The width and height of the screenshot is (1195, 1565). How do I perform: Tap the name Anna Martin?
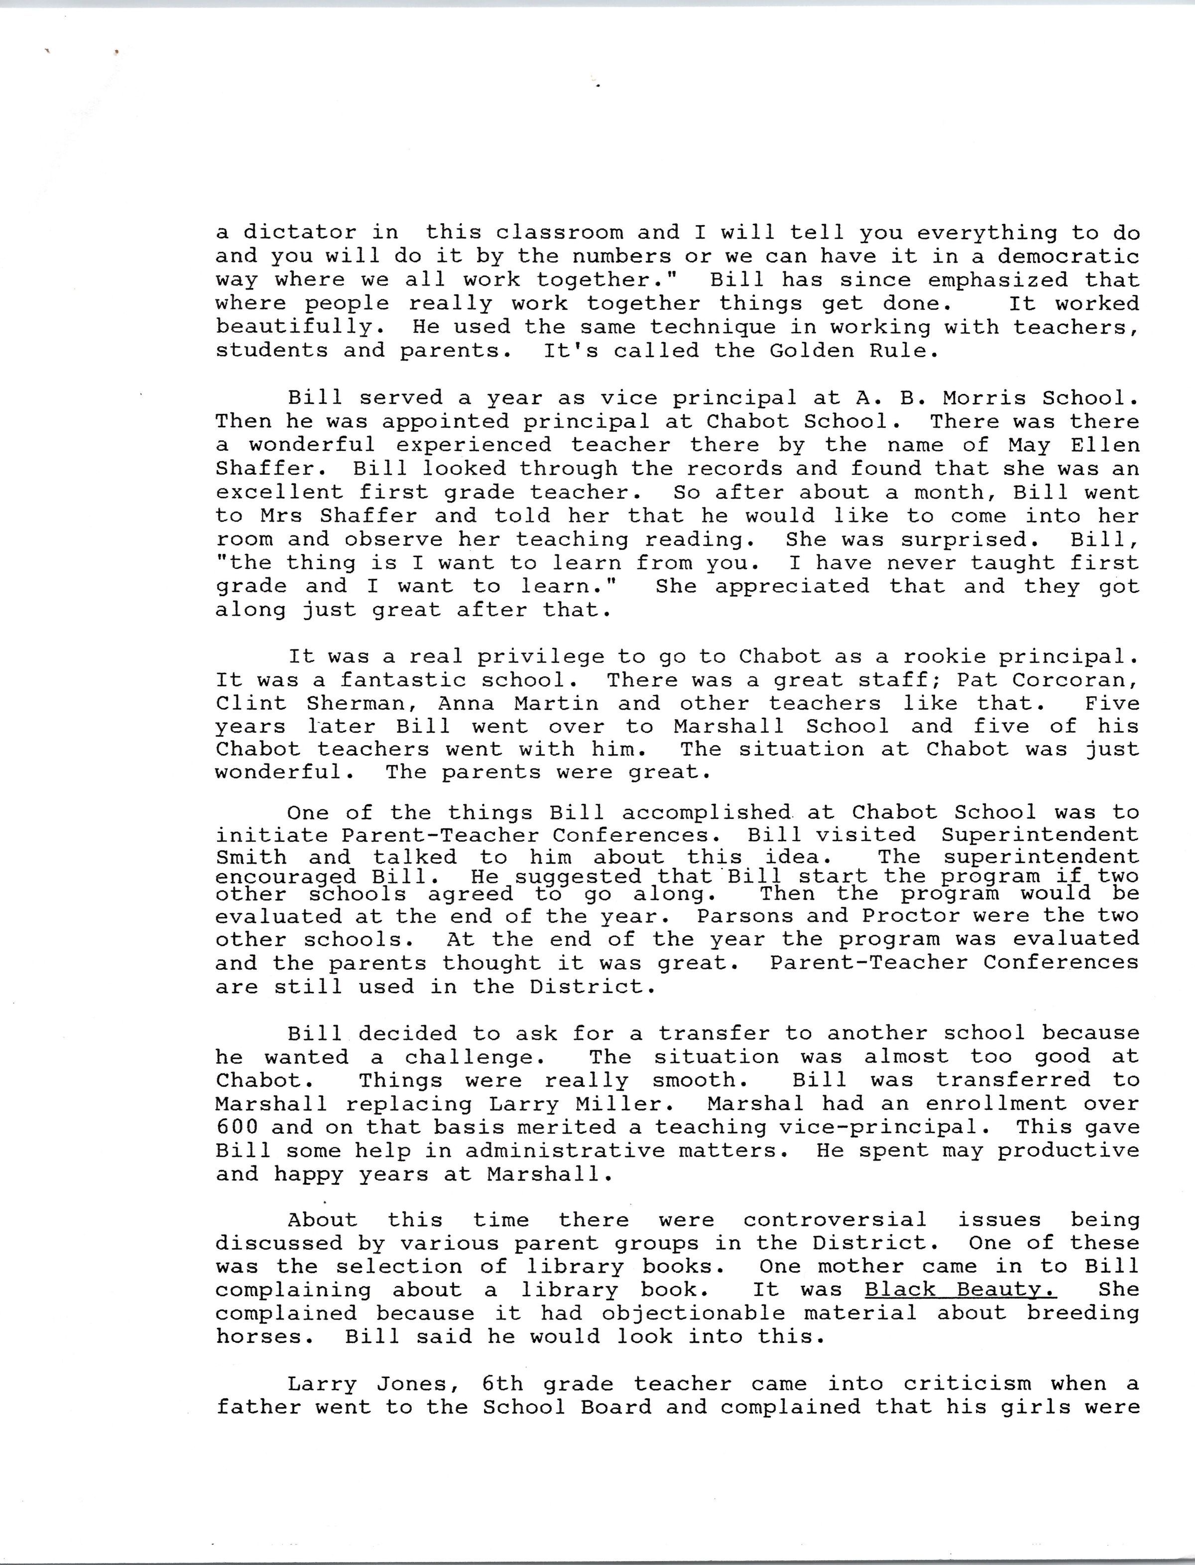pos(518,703)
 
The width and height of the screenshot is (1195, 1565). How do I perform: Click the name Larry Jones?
pos(377,1384)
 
